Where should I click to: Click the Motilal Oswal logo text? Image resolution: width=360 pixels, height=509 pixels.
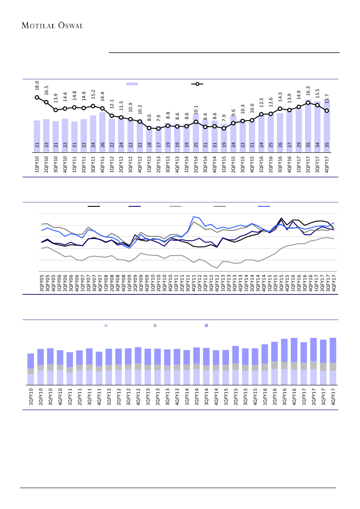point(52,25)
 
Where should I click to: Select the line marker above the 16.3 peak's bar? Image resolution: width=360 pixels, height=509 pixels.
point(308,103)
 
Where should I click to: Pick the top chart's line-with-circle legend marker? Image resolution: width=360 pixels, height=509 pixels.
point(197,84)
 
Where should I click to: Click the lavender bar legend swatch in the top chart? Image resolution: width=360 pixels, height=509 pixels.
point(132,84)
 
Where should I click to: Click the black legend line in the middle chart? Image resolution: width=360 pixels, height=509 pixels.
point(94,206)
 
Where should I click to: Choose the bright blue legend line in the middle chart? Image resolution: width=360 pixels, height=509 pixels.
point(264,206)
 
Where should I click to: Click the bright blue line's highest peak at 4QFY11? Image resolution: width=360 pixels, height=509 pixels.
point(193,216)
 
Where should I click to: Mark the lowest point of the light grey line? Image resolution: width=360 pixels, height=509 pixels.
point(217,268)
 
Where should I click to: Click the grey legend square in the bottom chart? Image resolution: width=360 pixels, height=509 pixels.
point(155,325)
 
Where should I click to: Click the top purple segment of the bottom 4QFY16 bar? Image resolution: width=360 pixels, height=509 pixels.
point(294,350)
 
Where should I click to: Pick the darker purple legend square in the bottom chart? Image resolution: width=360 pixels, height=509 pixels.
point(206,325)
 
